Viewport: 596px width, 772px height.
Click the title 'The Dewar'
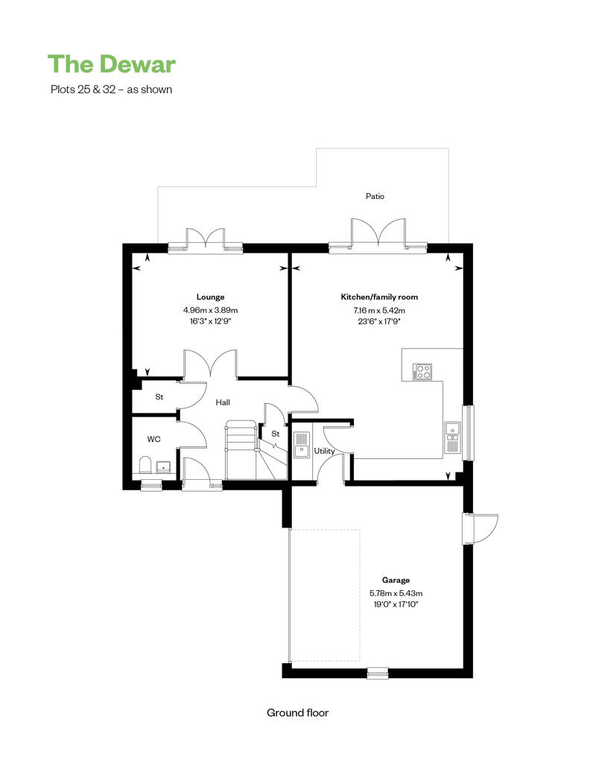click(112, 64)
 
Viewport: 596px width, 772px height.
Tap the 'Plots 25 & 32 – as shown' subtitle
click(111, 89)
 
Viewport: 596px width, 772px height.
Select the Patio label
click(375, 196)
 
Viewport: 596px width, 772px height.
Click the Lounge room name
click(210, 297)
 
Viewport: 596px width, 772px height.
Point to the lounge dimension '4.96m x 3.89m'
click(210, 310)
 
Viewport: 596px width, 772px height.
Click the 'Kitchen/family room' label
click(379, 297)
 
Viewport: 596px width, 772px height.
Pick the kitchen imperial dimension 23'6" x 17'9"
click(379, 321)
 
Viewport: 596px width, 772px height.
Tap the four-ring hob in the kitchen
click(422, 371)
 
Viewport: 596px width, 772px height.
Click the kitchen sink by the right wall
click(451, 437)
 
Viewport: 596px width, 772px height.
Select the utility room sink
click(301, 445)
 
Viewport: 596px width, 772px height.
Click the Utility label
click(324, 451)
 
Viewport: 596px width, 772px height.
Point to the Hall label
click(223, 402)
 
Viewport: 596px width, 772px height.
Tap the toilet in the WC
click(145, 465)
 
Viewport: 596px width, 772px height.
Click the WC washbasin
click(163, 466)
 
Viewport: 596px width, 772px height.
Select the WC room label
click(153, 439)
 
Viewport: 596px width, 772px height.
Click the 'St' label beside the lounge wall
click(159, 397)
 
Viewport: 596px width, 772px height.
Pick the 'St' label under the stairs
click(275, 434)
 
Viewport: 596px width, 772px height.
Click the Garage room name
click(396, 580)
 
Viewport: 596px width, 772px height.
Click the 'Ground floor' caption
click(297, 712)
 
